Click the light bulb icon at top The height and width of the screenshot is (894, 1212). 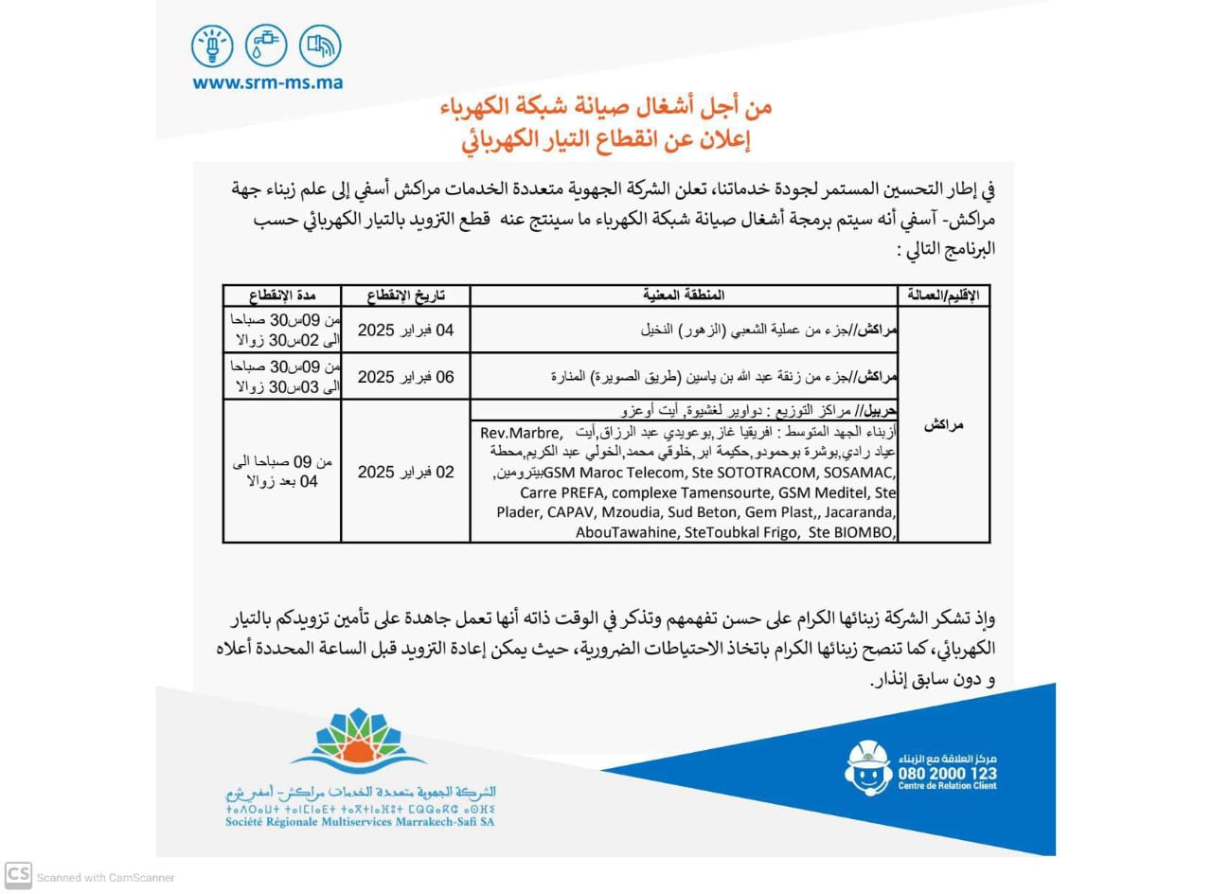(212, 45)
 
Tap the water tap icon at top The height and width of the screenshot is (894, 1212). (266, 45)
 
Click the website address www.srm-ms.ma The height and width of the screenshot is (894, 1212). (267, 82)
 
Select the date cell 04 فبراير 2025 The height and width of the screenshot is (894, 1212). (405, 331)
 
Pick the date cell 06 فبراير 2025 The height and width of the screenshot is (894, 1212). (405, 377)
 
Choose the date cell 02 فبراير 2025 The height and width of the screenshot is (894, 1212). (405, 472)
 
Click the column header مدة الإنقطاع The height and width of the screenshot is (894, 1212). (281, 295)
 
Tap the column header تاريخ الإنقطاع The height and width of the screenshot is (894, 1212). (405, 295)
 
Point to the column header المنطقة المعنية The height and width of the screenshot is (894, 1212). (683, 295)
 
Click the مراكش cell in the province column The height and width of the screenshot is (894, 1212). (943, 425)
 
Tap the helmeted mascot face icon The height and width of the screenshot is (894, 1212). (868, 767)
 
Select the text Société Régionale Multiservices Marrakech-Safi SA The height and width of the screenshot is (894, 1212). (360, 822)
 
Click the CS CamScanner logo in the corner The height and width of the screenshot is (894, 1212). (18, 876)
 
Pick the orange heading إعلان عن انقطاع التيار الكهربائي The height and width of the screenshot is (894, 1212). (606, 140)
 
